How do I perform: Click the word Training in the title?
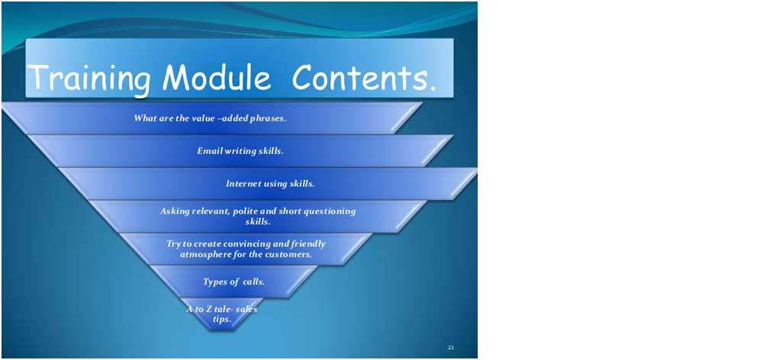click(89, 79)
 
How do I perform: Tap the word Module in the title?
click(217, 76)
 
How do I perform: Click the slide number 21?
click(451, 347)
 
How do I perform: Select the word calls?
click(253, 281)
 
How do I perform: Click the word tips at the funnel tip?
click(222, 320)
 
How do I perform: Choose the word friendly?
click(308, 244)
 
